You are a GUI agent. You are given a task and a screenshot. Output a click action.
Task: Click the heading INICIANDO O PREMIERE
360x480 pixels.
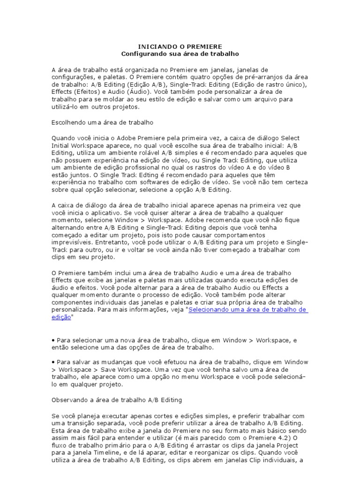point(180,47)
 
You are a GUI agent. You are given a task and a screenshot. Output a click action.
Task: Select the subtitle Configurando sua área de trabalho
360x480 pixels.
point(180,54)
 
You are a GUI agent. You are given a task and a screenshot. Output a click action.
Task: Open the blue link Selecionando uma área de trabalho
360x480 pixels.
point(248,310)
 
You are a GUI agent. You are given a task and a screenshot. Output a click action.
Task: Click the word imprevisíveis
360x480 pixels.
point(72,243)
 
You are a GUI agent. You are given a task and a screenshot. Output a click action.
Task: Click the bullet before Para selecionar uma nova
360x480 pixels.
point(53,340)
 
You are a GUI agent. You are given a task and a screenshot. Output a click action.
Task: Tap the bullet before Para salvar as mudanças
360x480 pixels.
point(53,362)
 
